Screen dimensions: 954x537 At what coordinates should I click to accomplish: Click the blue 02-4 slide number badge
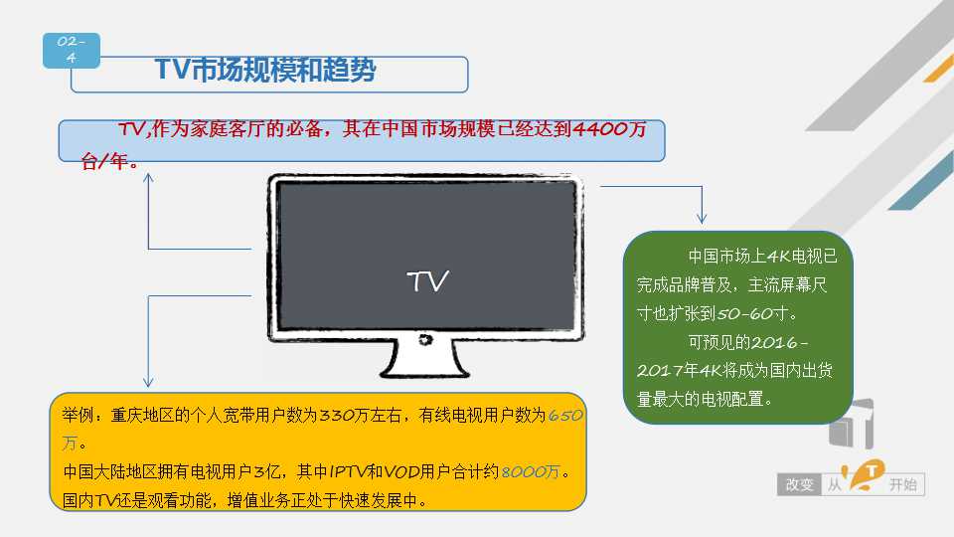tap(72, 51)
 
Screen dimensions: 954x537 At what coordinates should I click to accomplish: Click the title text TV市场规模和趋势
tap(265, 70)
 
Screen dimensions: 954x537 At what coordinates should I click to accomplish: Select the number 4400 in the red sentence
tap(600, 128)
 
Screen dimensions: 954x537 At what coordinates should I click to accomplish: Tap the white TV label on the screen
tap(427, 281)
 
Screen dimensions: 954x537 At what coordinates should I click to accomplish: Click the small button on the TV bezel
tap(425, 340)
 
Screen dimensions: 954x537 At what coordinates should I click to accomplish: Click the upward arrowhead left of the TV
tap(148, 177)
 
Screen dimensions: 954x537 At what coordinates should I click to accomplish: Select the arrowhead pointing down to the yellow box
tap(148, 382)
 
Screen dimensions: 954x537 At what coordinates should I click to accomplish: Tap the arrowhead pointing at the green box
tap(703, 219)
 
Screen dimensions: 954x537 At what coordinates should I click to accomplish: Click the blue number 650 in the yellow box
tap(565, 416)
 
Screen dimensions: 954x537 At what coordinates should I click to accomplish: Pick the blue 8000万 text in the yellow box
tap(531, 471)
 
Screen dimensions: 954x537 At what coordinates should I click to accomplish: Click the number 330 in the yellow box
tap(337, 416)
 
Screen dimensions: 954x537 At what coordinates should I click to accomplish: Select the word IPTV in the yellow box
tap(348, 471)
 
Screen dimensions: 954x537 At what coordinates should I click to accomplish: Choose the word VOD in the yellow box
tap(401, 471)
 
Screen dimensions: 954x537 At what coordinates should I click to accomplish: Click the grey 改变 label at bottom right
tap(799, 484)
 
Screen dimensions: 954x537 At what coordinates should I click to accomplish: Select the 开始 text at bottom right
tap(903, 484)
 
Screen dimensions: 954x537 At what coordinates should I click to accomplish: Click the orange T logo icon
tap(866, 475)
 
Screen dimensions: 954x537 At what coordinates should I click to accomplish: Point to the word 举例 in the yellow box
tap(78, 416)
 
